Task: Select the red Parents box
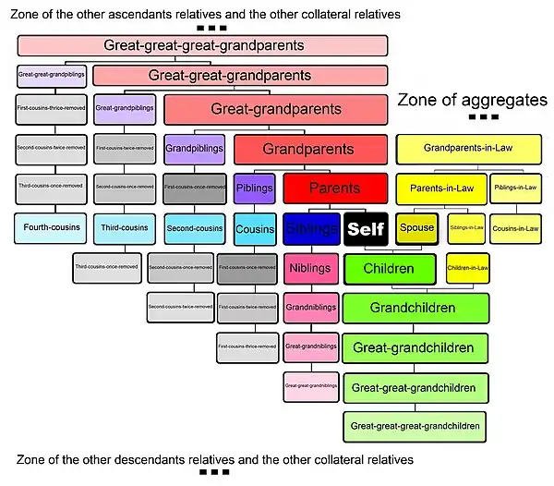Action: (x=333, y=188)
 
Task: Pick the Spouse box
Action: (x=415, y=228)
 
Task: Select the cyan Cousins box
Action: (x=254, y=228)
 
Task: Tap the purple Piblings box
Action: (x=254, y=188)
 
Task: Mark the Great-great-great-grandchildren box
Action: (x=415, y=426)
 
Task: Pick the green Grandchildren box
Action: (x=415, y=307)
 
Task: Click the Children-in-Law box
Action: (x=467, y=268)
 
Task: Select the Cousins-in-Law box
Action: (x=515, y=228)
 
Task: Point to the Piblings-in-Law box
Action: (x=515, y=188)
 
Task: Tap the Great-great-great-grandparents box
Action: (x=203, y=44)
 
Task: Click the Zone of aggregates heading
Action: (x=472, y=100)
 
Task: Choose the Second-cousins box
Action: (x=195, y=227)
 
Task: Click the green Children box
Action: (x=389, y=269)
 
